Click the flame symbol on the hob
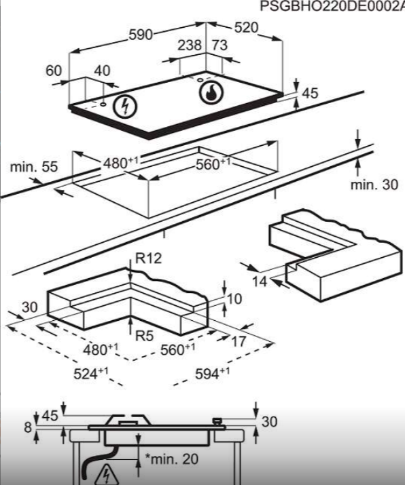tap(211, 92)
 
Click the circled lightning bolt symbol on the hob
tap(125, 106)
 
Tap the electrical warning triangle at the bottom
tap(106, 475)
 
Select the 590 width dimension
tap(141, 35)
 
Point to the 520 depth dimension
tap(246, 28)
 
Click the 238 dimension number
tap(190, 45)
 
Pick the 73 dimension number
tap(219, 45)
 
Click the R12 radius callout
tap(149, 258)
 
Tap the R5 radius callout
tap(144, 336)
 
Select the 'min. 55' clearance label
tap(34, 167)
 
